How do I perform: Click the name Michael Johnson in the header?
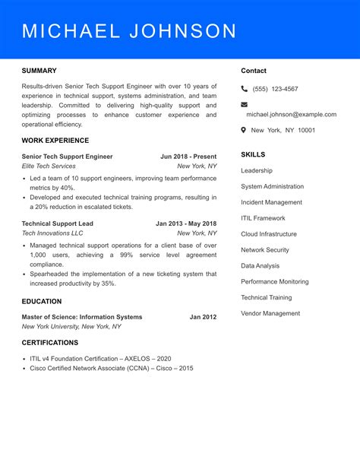pyautogui.click(x=129, y=31)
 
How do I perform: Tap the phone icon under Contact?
pyautogui.click(x=245, y=89)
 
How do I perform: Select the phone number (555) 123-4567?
pyautogui.click(x=275, y=89)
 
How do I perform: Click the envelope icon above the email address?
pyautogui.click(x=245, y=104)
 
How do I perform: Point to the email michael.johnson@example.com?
pyautogui.click(x=291, y=115)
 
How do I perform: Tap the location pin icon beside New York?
pyautogui.click(x=244, y=130)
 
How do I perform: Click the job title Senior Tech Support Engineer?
pyautogui.click(x=67, y=157)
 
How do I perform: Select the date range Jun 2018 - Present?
pyautogui.click(x=188, y=157)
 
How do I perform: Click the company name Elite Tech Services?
pyautogui.click(x=49, y=166)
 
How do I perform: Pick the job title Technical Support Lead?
pyautogui.click(x=58, y=223)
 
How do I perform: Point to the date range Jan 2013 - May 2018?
pyautogui.click(x=186, y=223)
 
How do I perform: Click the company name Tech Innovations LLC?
pyautogui.click(x=52, y=234)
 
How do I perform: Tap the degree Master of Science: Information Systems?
pyautogui.click(x=82, y=317)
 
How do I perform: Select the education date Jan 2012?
pyautogui.click(x=203, y=317)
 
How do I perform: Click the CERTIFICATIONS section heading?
pyautogui.click(x=50, y=343)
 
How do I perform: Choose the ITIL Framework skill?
pyautogui.click(x=263, y=218)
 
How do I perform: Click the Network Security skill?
pyautogui.click(x=265, y=250)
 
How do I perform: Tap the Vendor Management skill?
pyautogui.click(x=270, y=313)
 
